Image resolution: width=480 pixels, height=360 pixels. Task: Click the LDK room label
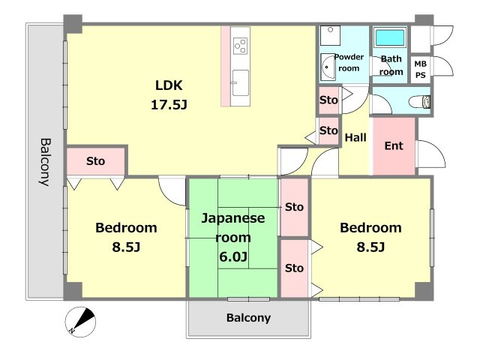[169, 85]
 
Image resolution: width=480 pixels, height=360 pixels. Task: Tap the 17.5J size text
[169, 105]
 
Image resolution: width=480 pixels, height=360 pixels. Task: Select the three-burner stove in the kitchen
[240, 46]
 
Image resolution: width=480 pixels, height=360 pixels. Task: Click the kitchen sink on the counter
[240, 83]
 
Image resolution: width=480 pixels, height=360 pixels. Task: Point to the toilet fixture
[420, 102]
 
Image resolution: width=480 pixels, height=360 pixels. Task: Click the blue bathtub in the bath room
[390, 37]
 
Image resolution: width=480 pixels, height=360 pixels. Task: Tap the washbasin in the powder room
[328, 67]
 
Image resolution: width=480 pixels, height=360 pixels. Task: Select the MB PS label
[420, 70]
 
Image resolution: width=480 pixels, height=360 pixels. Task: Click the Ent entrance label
[394, 145]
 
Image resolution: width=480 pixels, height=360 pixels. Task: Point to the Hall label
[355, 137]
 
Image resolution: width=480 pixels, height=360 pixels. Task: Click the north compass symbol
[80, 322]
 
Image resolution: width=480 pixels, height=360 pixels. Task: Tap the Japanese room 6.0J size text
[233, 256]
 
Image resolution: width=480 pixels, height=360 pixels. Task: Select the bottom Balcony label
[248, 318]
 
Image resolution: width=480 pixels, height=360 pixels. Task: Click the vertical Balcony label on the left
[46, 162]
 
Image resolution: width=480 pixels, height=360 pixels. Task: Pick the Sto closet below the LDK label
[95, 161]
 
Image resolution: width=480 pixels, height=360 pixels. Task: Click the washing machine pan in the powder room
[330, 35]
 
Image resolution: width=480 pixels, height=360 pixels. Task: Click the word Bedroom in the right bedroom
[370, 228]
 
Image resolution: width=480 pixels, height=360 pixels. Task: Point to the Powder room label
[349, 63]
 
